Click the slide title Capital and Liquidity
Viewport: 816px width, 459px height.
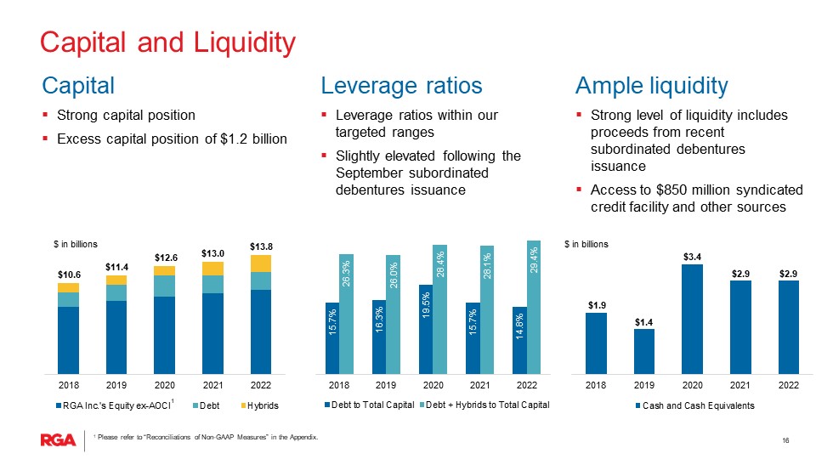click(x=168, y=42)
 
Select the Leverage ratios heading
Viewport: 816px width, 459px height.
click(x=401, y=86)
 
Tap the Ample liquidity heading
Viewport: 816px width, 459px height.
click(x=651, y=86)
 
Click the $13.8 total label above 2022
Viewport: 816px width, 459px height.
click(x=261, y=246)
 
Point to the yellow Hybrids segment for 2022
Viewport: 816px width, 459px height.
click(x=261, y=263)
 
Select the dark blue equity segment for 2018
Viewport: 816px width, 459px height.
click(x=68, y=339)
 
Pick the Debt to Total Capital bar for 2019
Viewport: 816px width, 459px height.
click(x=379, y=337)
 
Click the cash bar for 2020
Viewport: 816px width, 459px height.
click(x=693, y=319)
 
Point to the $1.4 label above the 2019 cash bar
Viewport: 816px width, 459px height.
click(x=644, y=322)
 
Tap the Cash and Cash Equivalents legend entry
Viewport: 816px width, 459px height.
click(x=693, y=406)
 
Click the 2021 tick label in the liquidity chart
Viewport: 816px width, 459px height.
click(x=740, y=385)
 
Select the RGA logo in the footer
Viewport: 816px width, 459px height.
click(x=58, y=439)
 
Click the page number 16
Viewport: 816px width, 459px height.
click(x=785, y=439)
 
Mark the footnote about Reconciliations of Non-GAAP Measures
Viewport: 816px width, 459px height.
click(x=207, y=438)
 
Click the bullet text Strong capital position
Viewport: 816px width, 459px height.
click(x=126, y=116)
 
